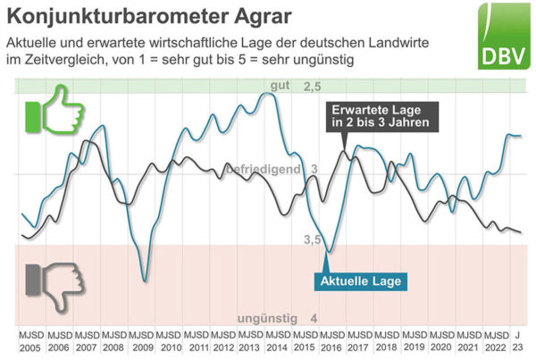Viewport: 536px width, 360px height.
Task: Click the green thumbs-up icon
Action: [54, 111]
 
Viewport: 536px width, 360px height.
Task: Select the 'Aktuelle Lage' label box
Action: [366, 280]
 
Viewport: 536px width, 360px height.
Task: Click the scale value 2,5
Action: [312, 87]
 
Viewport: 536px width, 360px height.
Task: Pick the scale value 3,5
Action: [312, 239]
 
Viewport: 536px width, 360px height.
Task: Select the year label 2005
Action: [30, 347]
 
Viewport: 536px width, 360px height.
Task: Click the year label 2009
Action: [142, 347]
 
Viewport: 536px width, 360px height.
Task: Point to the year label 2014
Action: [278, 347]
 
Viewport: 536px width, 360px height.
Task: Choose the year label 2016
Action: [332, 347]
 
